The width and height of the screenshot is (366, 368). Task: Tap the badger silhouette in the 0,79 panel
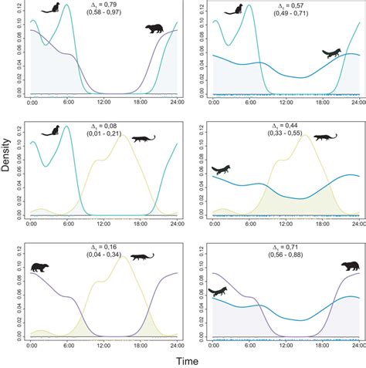155,29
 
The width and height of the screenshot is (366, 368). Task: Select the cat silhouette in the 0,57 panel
232,10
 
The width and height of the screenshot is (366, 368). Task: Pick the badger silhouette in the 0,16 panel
39,267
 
